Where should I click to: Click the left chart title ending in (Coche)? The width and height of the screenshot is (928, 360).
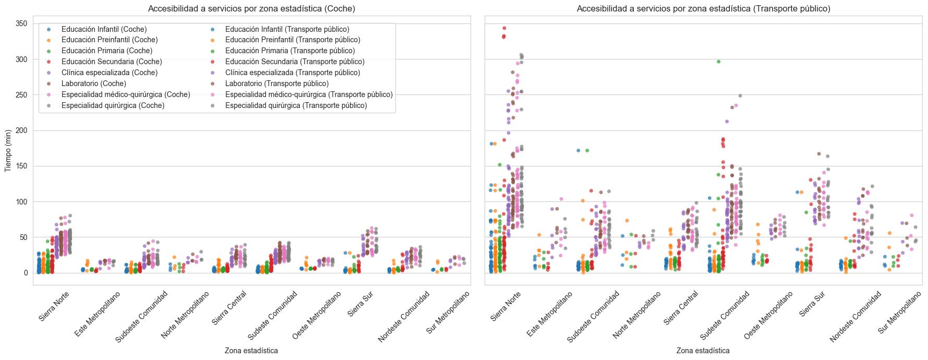(x=251, y=8)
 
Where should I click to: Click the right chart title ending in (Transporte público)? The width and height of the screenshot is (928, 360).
(x=703, y=8)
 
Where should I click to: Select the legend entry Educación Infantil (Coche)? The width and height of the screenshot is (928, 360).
(x=104, y=29)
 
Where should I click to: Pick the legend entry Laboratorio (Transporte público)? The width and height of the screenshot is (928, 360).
(x=276, y=83)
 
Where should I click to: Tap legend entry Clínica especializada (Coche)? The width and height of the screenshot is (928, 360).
(x=109, y=73)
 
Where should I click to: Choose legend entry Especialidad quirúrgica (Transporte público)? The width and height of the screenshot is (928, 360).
(x=296, y=105)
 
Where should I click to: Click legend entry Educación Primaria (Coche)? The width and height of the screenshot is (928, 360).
(x=106, y=51)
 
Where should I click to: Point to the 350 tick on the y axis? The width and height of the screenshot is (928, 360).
(x=22, y=23)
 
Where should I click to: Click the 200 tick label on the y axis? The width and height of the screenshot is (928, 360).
(x=22, y=130)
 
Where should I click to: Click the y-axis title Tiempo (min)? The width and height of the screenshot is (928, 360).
(x=8, y=150)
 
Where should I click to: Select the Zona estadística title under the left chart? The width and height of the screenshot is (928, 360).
(x=251, y=351)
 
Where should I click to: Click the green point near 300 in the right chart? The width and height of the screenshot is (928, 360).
(x=718, y=62)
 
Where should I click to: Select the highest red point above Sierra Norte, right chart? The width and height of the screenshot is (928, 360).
(x=504, y=28)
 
